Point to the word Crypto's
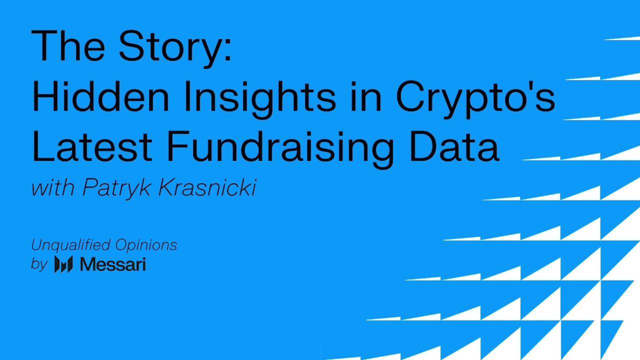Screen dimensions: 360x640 tap(475, 97)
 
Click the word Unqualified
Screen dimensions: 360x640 tap(70, 245)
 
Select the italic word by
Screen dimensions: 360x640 tap(38, 264)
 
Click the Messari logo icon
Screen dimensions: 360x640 tap(63, 263)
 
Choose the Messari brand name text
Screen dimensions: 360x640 tap(112, 263)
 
